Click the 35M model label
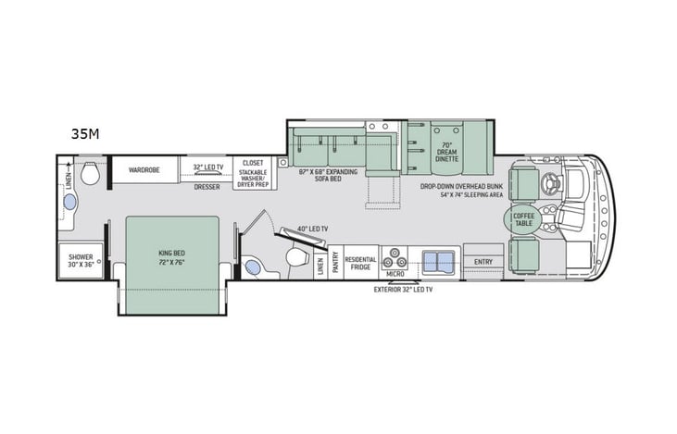[85, 134]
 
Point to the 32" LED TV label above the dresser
[208, 167]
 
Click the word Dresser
[207, 186]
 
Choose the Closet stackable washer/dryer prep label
[253, 171]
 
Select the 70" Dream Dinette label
[446, 151]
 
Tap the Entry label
[483, 262]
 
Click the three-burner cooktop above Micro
[395, 257]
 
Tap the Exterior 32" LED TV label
[403, 289]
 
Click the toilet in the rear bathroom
[90, 174]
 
